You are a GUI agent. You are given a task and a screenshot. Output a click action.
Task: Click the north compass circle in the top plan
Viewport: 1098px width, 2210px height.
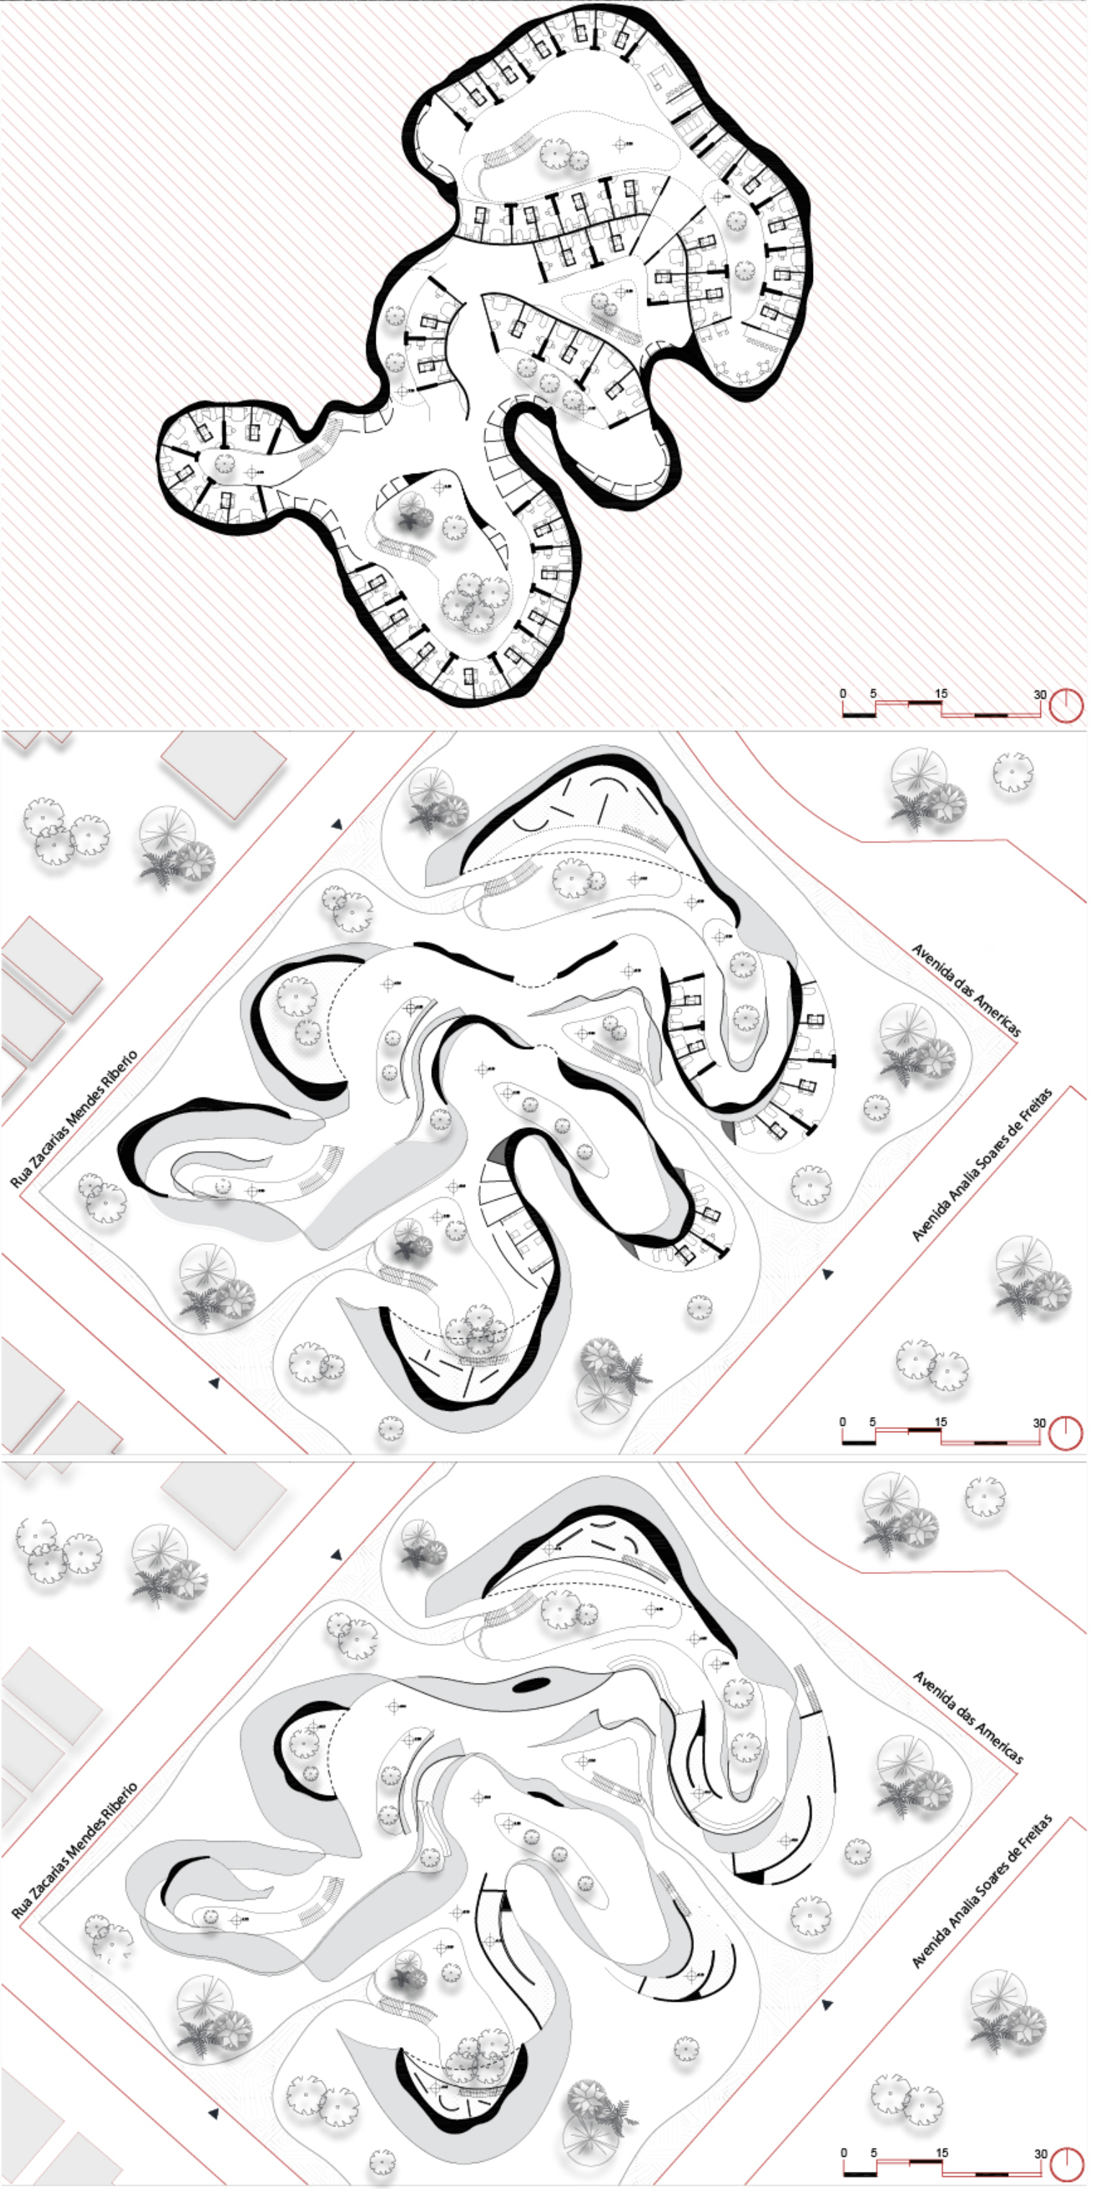click(x=1066, y=706)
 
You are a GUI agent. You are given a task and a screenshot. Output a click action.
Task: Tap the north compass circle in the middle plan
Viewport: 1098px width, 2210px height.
click(x=1066, y=1434)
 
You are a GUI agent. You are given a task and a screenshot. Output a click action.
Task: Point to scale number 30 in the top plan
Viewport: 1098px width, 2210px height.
click(x=1040, y=694)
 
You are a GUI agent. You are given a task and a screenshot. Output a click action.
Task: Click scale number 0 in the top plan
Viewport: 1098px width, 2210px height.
click(x=843, y=693)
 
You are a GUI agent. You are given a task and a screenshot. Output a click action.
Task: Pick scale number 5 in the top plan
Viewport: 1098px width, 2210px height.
click(x=873, y=693)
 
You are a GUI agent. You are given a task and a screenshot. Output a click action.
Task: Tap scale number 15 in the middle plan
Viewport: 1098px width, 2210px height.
click(x=941, y=1421)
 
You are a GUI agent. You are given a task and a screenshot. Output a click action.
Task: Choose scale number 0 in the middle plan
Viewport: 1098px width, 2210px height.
click(x=843, y=1421)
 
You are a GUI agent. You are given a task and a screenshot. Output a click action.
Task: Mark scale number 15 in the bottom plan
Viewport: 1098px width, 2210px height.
click(x=942, y=2152)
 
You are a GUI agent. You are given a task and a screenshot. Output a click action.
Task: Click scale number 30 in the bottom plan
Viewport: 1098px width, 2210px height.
click(x=1040, y=2153)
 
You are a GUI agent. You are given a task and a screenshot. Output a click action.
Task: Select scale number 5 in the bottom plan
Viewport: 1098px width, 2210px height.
click(x=874, y=2152)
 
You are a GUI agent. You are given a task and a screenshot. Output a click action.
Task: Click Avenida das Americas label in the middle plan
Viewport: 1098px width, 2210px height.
click(x=966, y=990)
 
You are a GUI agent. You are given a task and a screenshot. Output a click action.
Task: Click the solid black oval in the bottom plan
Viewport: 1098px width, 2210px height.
click(x=531, y=1684)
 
